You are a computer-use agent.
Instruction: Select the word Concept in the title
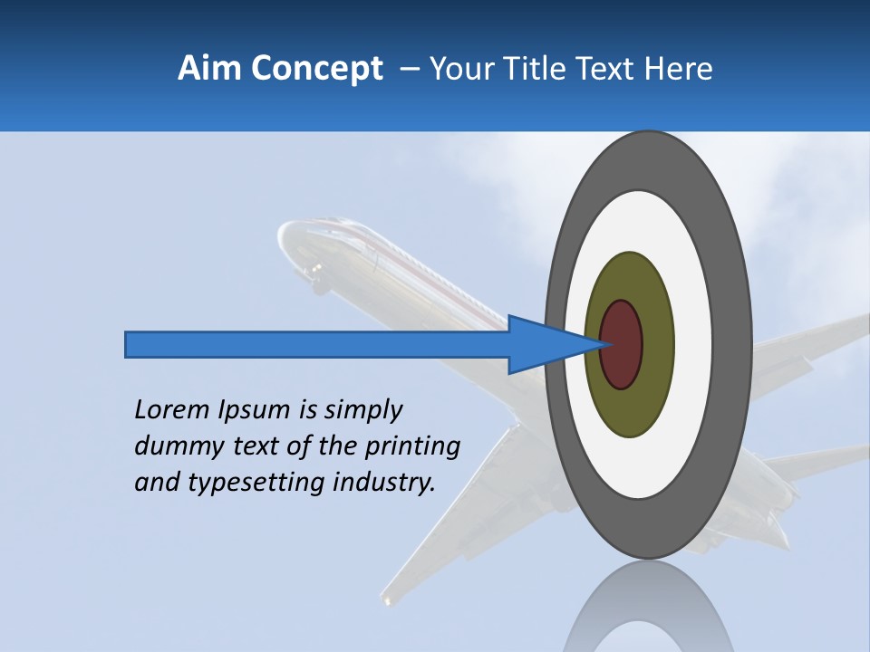(315, 69)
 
